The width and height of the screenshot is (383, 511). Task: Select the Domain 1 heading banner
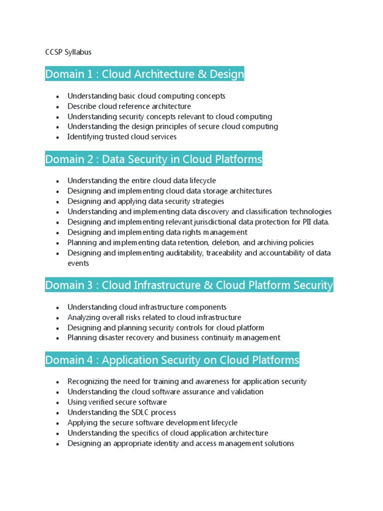pyautogui.click(x=145, y=74)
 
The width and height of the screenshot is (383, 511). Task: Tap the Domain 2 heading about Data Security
pyautogui.click(x=154, y=159)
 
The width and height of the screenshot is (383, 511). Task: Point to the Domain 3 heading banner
pyautogui.click(x=189, y=285)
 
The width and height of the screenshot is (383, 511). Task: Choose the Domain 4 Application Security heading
pyautogui.click(x=172, y=360)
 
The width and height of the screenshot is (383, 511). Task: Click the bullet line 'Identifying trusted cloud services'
pyautogui.click(x=122, y=137)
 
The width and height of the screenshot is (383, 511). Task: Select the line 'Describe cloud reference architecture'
pyautogui.click(x=129, y=106)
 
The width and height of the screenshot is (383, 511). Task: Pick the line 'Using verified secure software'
pyautogui.click(x=117, y=402)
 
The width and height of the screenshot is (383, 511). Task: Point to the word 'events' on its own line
pyautogui.click(x=78, y=263)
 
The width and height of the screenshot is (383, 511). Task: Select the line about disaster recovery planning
pyautogui.click(x=174, y=338)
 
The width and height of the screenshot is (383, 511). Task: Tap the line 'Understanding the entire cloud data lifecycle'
pyautogui.click(x=142, y=181)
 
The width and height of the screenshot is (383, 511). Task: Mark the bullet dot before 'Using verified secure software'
pyautogui.click(x=58, y=403)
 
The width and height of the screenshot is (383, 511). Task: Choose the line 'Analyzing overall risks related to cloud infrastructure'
pyautogui.click(x=154, y=317)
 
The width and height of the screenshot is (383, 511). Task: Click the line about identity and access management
pyautogui.click(x=181, y=443)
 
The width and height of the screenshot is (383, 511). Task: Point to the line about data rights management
pyautogui.click(x=157, y=232)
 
